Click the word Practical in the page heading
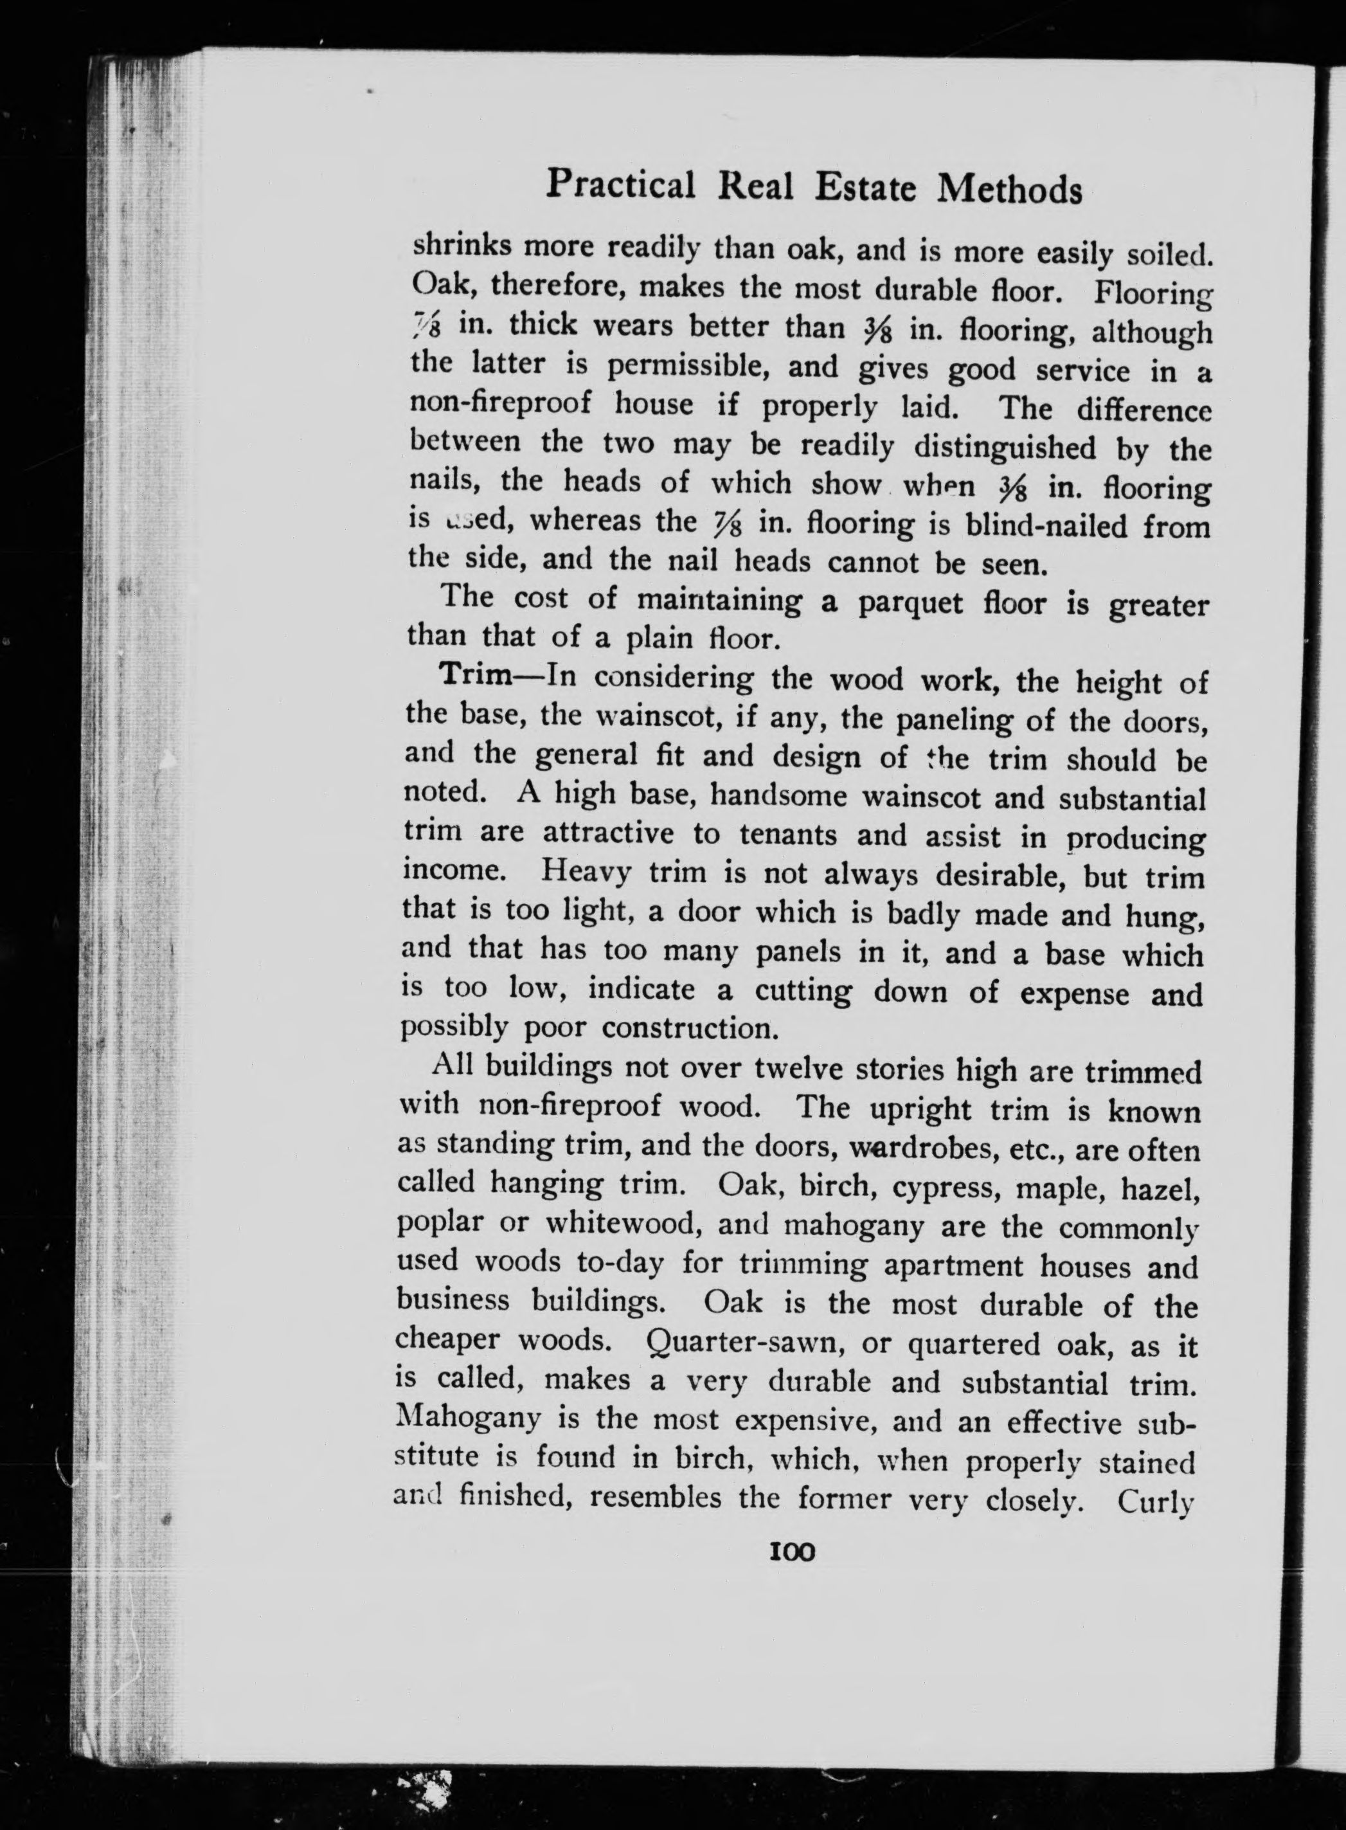(620, 185)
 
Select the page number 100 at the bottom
(791, 1552)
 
